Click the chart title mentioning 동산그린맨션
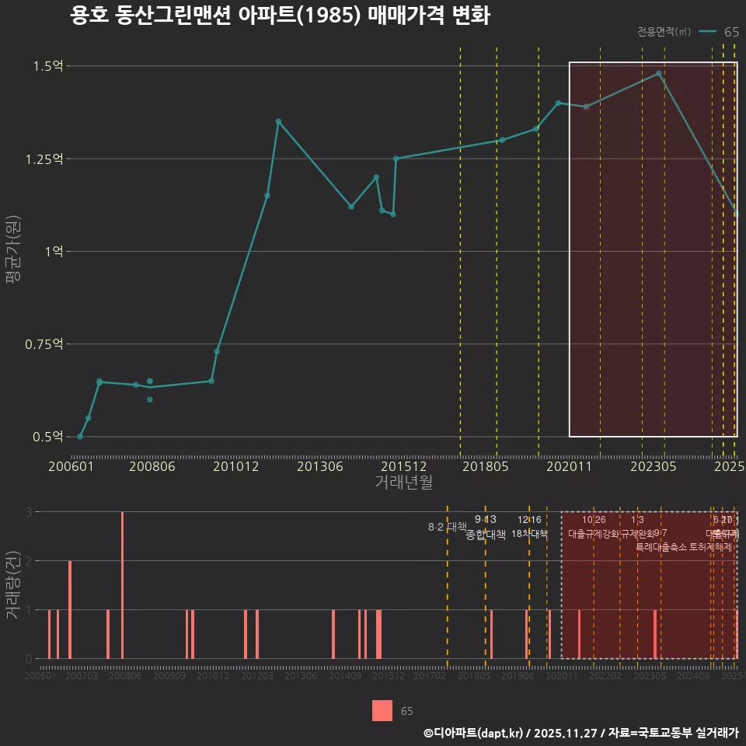280,16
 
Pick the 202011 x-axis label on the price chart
569,466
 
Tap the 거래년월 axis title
403,482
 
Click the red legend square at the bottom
382,710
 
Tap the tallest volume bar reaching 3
122,585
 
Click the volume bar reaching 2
70,610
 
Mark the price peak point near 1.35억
278,121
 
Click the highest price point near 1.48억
659,74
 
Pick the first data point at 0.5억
80,437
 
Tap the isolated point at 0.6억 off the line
150,399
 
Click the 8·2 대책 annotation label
447,527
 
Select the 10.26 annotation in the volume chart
594,520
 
